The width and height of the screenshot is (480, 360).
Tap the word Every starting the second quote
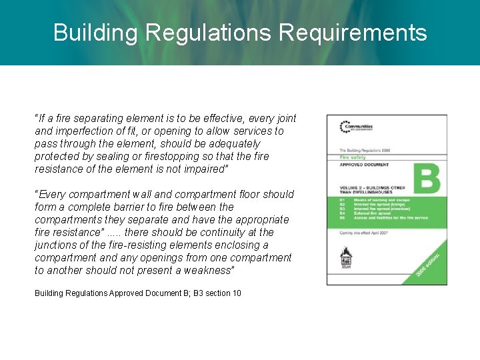pos(52,194)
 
